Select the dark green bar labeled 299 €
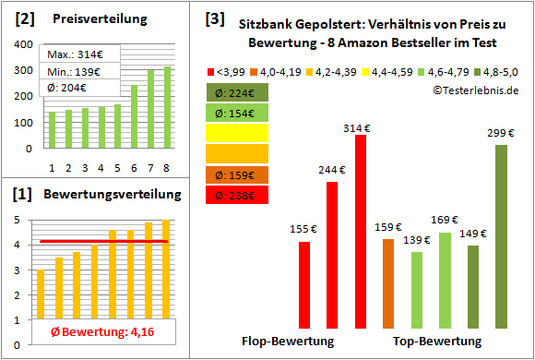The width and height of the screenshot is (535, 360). point(501,230)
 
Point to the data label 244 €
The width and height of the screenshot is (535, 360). point(331,170)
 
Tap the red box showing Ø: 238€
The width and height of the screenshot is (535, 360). point(238,195)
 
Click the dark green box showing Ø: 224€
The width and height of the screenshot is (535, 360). point(238,91)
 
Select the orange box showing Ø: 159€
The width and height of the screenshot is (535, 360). point(238,174)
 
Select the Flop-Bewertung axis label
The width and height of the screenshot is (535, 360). point(288,342)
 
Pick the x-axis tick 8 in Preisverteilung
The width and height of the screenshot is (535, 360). point(166,167)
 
